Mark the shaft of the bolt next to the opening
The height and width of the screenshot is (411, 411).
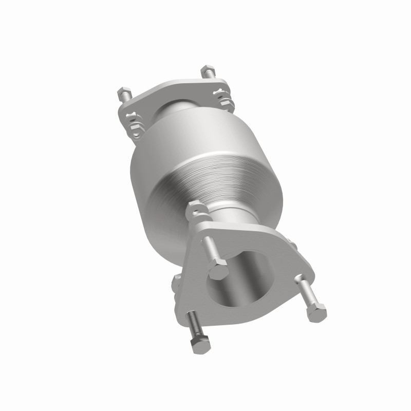click(x=210, y=249)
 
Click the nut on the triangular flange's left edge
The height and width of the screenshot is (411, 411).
click(x=177, y=282)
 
